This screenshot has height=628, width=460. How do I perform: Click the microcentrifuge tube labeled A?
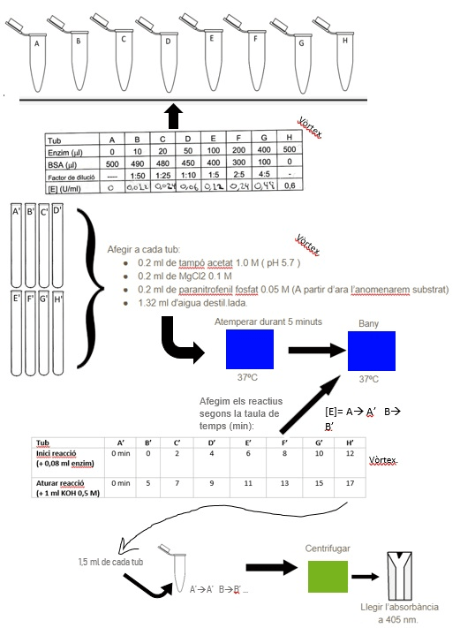click(x=36, y=52)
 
